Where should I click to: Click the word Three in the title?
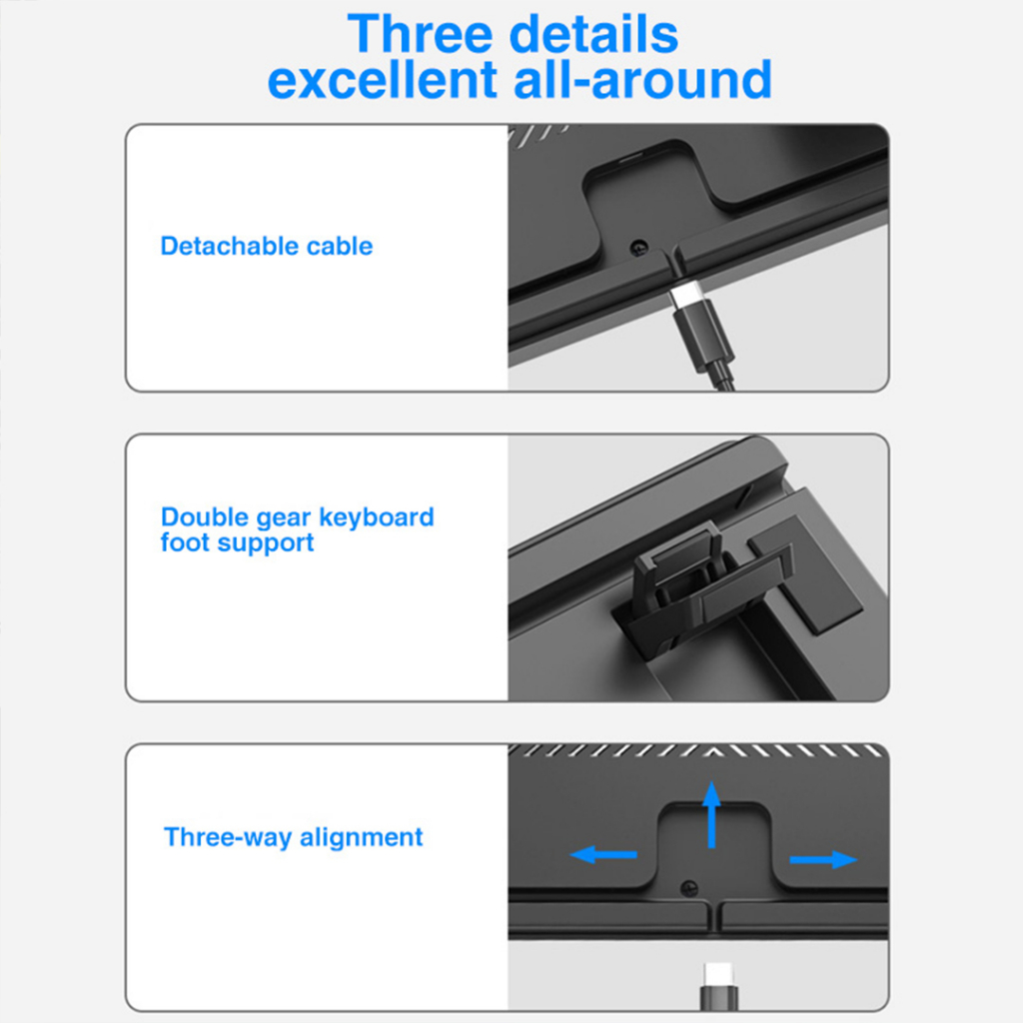point(421,34)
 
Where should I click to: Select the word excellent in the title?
point(383,80)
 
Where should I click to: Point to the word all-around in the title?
point(642,80)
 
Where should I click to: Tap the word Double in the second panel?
point(204,516)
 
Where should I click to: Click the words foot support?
point(238,543)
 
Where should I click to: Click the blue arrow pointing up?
point(711,814)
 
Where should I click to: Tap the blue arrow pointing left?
point(603,854)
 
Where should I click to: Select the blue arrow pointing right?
point(823,860)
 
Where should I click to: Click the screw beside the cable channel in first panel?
point(638,248)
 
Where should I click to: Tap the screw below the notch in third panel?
point(689,888)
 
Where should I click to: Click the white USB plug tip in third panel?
point(719,975)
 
